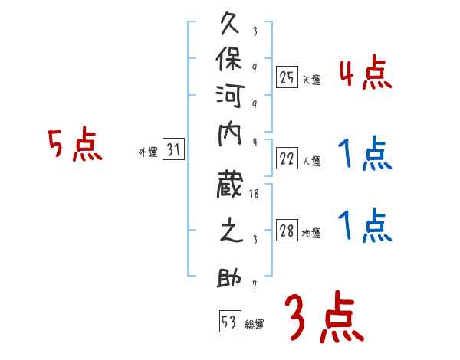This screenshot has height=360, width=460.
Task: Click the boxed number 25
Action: coord(287,77)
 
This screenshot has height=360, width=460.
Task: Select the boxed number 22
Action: coord(287,159)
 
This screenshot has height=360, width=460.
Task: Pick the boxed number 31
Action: coord(174,151)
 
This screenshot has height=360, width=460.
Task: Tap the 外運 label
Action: coord(148,153)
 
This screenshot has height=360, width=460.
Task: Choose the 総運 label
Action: coord(255,324)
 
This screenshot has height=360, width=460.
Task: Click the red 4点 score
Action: coord(365,74)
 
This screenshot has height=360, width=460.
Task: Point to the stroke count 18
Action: coord(255,194)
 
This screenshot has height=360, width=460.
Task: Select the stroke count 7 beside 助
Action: coord(255,286)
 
